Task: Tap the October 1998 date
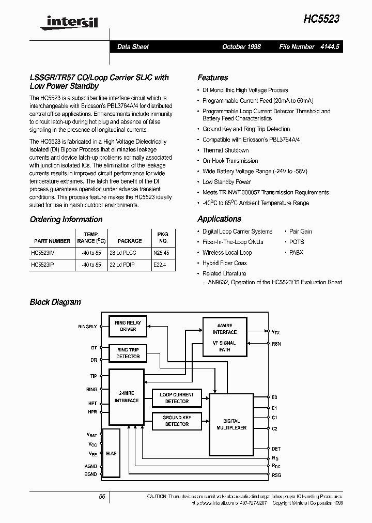coord(241,47)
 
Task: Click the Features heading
coord(212,78)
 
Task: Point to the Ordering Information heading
coord(66,220)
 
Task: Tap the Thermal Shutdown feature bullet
coord(225,150)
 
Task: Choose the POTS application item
coord(297,242)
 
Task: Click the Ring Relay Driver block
coord(128,326)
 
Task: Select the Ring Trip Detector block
coord(128,353)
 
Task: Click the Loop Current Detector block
coord(177,398)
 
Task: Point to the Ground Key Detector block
coord(177,421)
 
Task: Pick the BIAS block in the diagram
coord(111,453)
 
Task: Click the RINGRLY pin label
coord(87,327)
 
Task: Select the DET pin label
coord(276,449)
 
